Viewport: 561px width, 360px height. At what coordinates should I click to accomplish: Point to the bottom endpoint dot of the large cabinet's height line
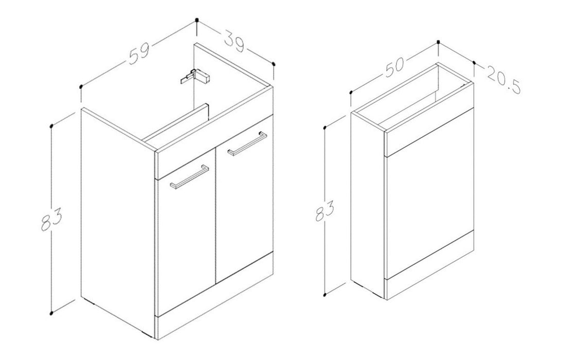point(51,313)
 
